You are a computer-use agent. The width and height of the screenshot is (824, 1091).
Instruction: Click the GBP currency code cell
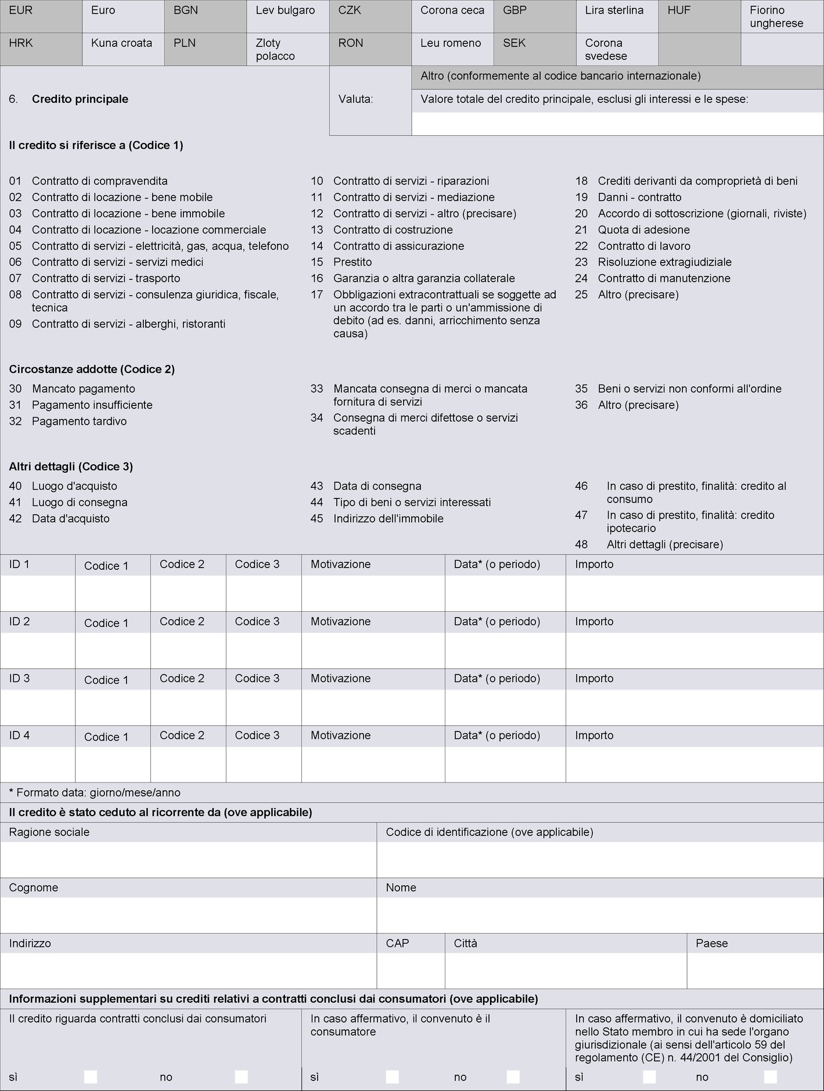click(515, 10)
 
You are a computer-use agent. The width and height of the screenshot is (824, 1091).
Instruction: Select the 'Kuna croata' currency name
click(121, 43)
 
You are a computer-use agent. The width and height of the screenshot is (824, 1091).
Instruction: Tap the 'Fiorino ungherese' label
click(776, 17)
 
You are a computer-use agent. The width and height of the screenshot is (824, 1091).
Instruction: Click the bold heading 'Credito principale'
click(80, 99)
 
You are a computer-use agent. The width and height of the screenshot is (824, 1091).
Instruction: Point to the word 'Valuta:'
click(355, 99)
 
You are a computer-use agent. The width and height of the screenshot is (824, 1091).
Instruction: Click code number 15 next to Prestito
click(316, 262)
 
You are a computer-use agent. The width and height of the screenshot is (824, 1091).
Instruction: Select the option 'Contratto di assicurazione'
click(398, 246)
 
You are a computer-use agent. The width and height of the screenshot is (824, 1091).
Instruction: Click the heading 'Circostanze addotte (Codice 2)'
click(92, 369)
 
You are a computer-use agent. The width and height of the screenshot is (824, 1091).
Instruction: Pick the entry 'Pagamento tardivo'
click(79, 421)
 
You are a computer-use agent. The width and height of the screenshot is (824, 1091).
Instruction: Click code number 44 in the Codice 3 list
click(316, 502)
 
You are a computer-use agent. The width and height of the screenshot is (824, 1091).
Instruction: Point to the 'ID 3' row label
click(19, 678)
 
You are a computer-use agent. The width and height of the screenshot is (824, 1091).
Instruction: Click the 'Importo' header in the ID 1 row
click(594, 564)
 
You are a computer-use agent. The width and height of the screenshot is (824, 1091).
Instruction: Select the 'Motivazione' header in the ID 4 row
click(340, 735)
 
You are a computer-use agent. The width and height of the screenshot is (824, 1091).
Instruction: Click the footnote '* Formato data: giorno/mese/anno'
click(95, 792)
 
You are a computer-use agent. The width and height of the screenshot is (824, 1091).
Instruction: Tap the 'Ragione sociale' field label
click(49, 832)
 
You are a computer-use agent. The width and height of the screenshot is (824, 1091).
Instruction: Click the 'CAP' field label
click(397, 943)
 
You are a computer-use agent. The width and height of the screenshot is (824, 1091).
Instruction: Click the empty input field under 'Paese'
click(755, 970)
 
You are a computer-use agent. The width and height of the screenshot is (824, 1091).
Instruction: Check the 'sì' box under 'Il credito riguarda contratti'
click(91, 1076)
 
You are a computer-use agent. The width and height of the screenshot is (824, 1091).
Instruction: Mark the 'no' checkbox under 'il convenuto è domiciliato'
click(770, 1076)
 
